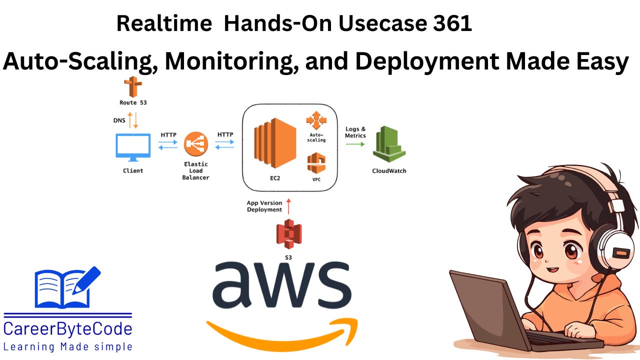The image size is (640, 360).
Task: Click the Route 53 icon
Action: click(x=133, y=87)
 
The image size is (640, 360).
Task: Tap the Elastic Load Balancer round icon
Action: click(x=195, y=144)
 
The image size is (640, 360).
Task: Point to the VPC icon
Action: click(x=316, y=163)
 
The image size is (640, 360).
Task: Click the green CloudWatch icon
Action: click(x=389, y=144)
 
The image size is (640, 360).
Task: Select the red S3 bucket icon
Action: click(x=289, y=233)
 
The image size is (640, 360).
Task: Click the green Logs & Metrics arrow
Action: click(x=355, y=144)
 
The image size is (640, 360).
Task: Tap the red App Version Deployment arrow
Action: click(x=289, y=205)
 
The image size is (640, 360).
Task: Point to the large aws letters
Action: click(x=281, y=285)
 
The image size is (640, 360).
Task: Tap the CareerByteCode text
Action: click(x=67, y=329)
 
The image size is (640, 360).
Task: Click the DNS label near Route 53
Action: click(x=119, y=120)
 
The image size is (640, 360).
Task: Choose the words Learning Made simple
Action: click(x=67, y=346)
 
